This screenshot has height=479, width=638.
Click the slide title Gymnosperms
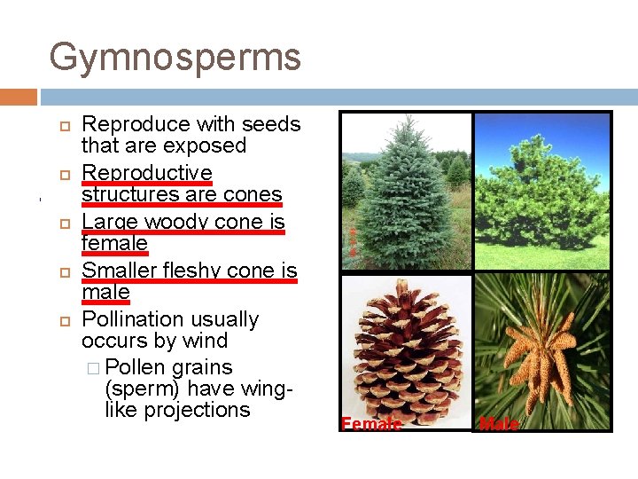175,58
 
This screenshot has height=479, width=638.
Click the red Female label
371,424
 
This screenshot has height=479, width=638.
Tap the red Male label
498,424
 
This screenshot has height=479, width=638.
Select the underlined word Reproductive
146,172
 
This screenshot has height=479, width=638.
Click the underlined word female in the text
114,243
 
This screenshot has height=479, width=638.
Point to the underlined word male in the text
105,292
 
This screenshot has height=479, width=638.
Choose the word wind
207,341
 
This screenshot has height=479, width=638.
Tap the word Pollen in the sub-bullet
136,367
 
